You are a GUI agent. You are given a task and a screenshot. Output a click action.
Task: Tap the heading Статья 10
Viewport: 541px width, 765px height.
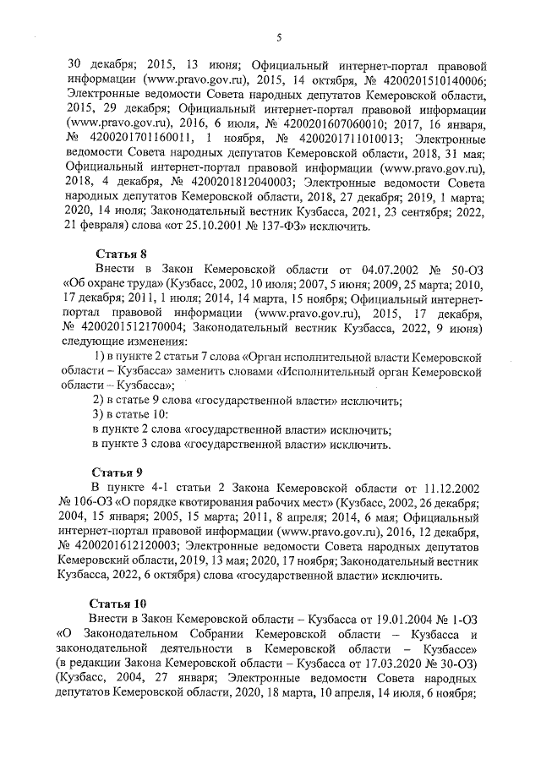coord(118,604)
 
